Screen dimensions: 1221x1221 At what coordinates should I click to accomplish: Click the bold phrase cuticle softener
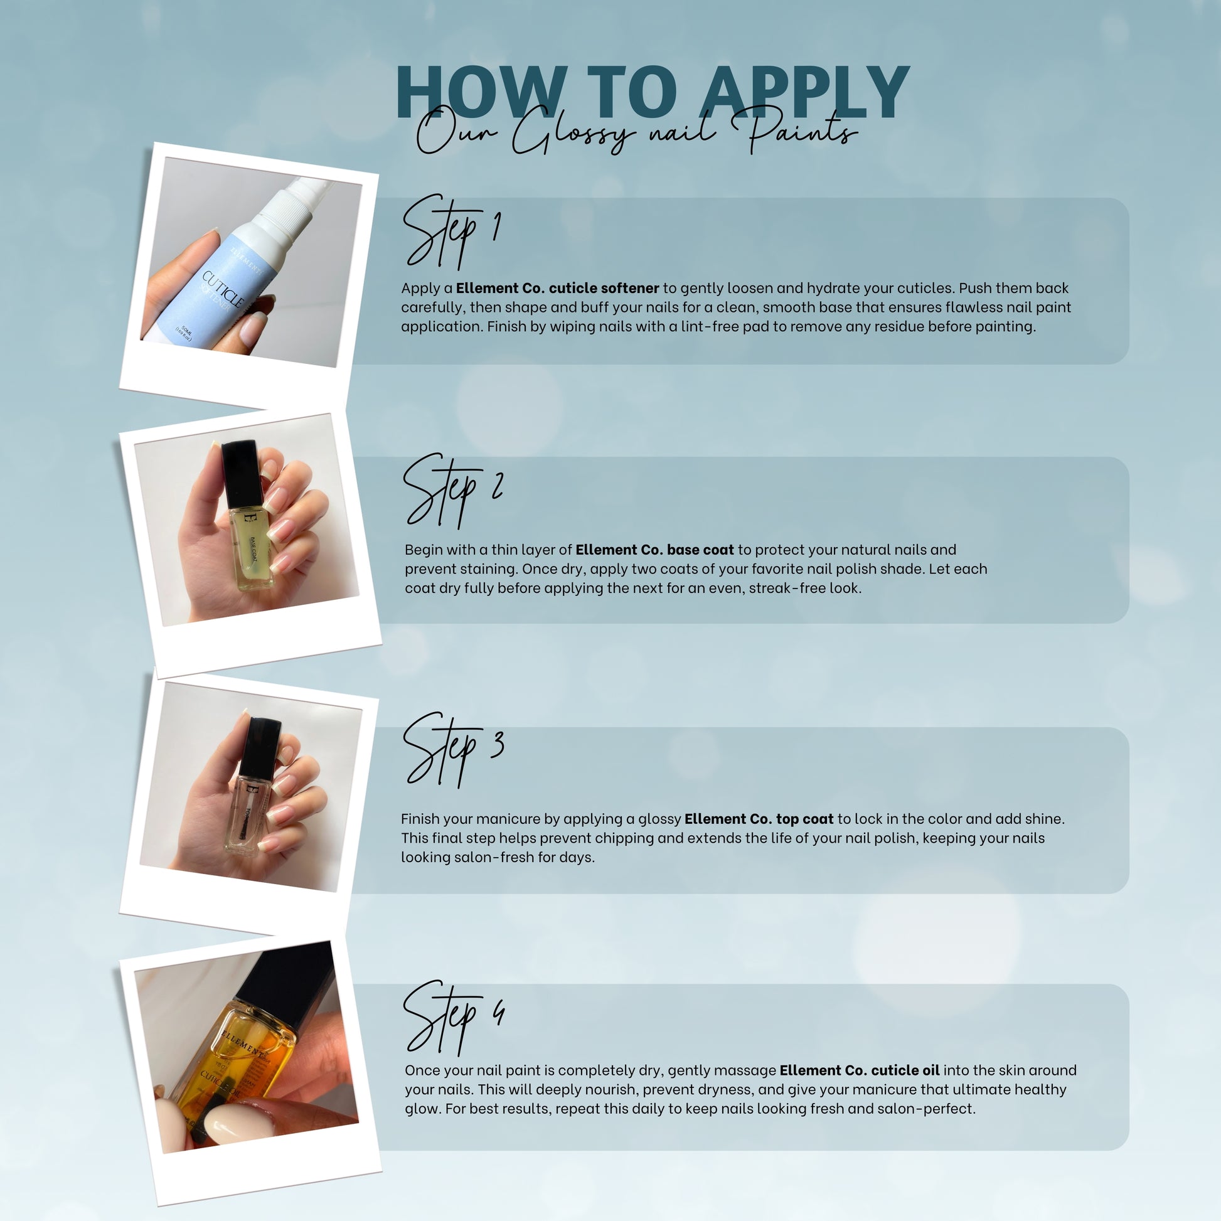coord(604,288)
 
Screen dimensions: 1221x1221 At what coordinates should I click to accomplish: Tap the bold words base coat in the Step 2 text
coord(700,550)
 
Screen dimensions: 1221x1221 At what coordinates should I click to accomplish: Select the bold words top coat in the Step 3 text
coord(804,819)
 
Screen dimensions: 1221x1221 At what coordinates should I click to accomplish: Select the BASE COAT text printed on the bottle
coord(253,550)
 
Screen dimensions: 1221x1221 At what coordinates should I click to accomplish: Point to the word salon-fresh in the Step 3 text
coord(491,858)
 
